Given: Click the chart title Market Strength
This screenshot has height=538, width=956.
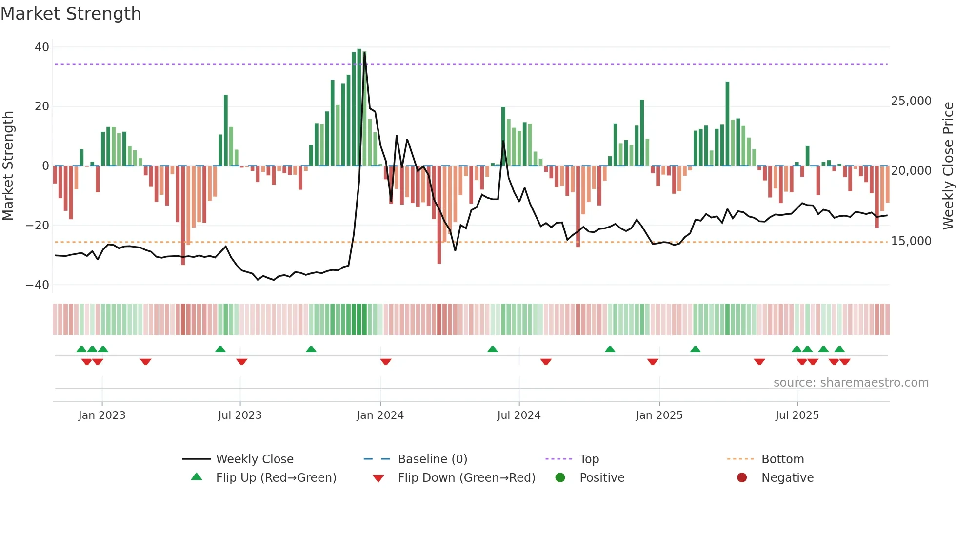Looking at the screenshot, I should [x=71, y=14].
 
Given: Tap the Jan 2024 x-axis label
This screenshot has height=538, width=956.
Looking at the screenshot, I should [x=380, y=415].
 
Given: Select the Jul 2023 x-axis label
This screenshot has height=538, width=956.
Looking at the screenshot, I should [x=239, y=415].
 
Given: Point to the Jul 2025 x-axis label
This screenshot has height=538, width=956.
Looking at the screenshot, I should [x=797, y=415].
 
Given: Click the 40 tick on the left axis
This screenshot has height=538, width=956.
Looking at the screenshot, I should [x=42, y=47].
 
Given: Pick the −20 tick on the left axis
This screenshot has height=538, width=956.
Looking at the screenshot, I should [x=38, y=226].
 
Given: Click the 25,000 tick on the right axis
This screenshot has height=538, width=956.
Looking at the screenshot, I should [x=911, y=101].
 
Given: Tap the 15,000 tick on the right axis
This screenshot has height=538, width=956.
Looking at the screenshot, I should [x=911, y=241].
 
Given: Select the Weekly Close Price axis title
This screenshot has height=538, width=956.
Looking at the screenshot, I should [x=948, y=166].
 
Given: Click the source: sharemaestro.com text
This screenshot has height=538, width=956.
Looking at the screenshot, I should [x=851, y=383].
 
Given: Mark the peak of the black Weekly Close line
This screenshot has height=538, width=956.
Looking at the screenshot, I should [x=365, y=52].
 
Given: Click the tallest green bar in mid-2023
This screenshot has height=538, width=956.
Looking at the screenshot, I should [x=226, y=129].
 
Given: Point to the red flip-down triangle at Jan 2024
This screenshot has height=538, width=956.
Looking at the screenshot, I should [x=386, y=362].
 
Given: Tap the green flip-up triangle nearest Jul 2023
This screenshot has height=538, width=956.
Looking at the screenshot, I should [x=220, y=349].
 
